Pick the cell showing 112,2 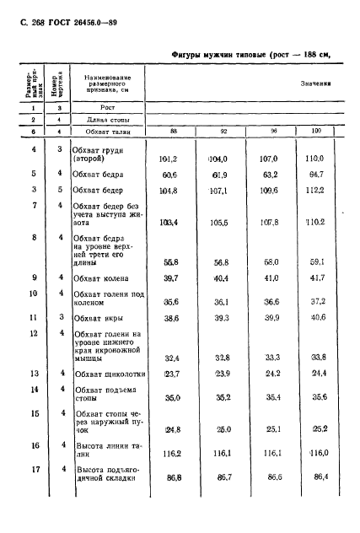click(315, 190)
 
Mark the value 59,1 click(316, 261)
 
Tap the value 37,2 click(316, 301)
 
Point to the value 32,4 click(173, 357)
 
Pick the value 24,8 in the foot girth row click(172, 428)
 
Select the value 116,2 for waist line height click(173, 454)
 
